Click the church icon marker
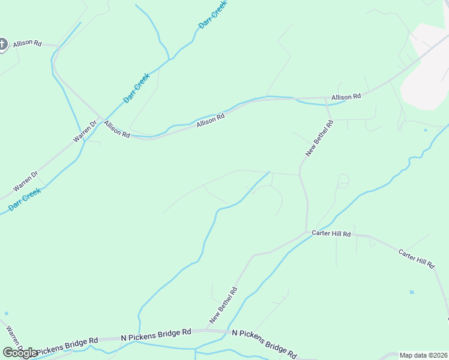tap(2, 44)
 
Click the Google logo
tap(20, 353)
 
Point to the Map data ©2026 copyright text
tap(423, 355)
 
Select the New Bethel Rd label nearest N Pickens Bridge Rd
tap(223, 304)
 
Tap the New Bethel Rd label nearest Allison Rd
tap(319, 139)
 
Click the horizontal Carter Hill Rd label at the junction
tap(331, 233)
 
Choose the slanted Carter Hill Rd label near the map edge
tap(416, 258)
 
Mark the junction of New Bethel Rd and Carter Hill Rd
tap(307, 232)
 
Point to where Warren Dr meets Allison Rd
tap(100, 119)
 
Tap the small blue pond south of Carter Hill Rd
tap(412, 292)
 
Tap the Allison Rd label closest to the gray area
tap(346, 97)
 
